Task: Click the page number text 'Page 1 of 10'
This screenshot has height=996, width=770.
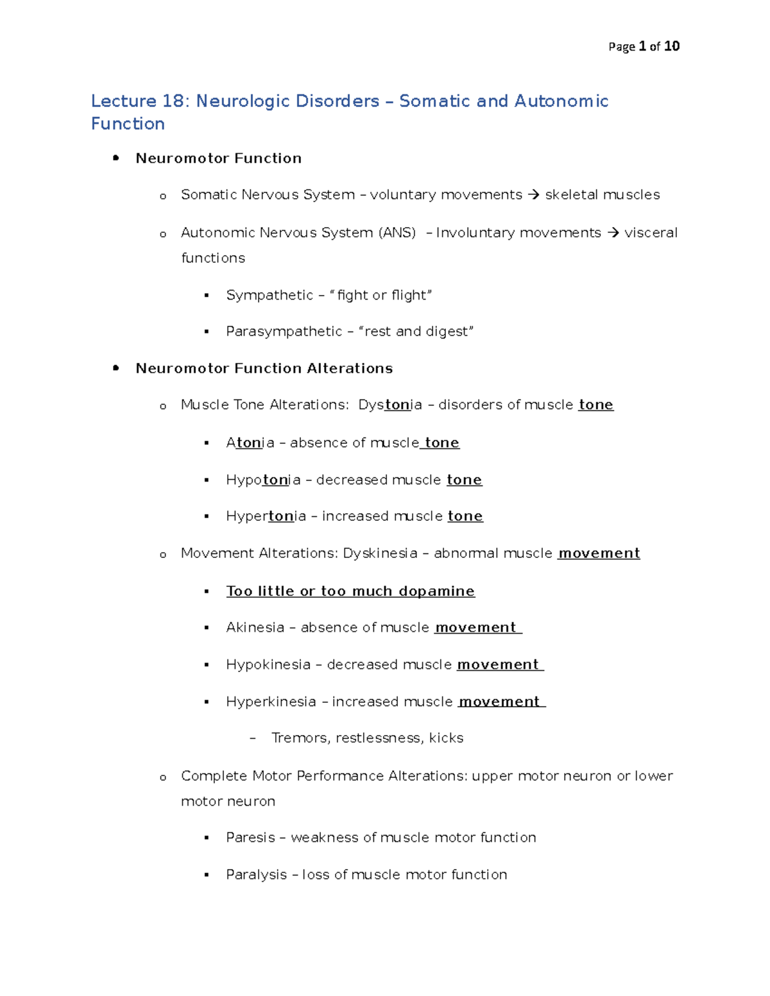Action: click(644, 46)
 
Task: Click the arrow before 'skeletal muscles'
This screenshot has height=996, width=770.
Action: click(533, 195)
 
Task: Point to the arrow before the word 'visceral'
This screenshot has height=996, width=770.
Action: click(613, 233)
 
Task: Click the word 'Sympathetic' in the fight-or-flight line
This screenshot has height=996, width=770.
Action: click(269, 296)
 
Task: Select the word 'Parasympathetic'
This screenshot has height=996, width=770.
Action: click(284, 332)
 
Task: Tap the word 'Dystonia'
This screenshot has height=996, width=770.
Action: click(390, 405)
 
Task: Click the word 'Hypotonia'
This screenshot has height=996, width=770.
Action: click(263, 480)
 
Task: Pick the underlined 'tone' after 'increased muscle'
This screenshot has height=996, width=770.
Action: click(465, 516)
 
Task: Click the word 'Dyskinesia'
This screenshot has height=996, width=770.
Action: click(380, 553)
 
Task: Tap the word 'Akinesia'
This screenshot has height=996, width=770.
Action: click(255, 628)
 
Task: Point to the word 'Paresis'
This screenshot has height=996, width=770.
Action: click(250, 838)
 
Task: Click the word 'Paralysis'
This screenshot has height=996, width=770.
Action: click(256, 875)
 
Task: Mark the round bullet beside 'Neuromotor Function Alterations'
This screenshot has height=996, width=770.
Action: click(116, 368)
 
